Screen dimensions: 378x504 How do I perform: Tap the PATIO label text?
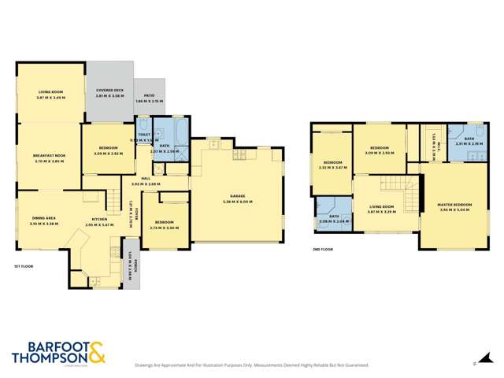point(148,98)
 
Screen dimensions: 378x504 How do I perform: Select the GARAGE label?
point(234,198)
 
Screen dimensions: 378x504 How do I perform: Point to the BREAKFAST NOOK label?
point(49,156)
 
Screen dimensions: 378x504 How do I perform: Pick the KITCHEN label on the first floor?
point(99,218)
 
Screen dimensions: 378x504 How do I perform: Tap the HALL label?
point(146,179)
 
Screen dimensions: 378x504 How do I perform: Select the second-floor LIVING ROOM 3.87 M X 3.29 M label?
point(383,209)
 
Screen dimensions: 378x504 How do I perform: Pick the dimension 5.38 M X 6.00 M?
point(234,202)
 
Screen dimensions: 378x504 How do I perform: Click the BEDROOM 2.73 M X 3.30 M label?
point(166,224)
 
